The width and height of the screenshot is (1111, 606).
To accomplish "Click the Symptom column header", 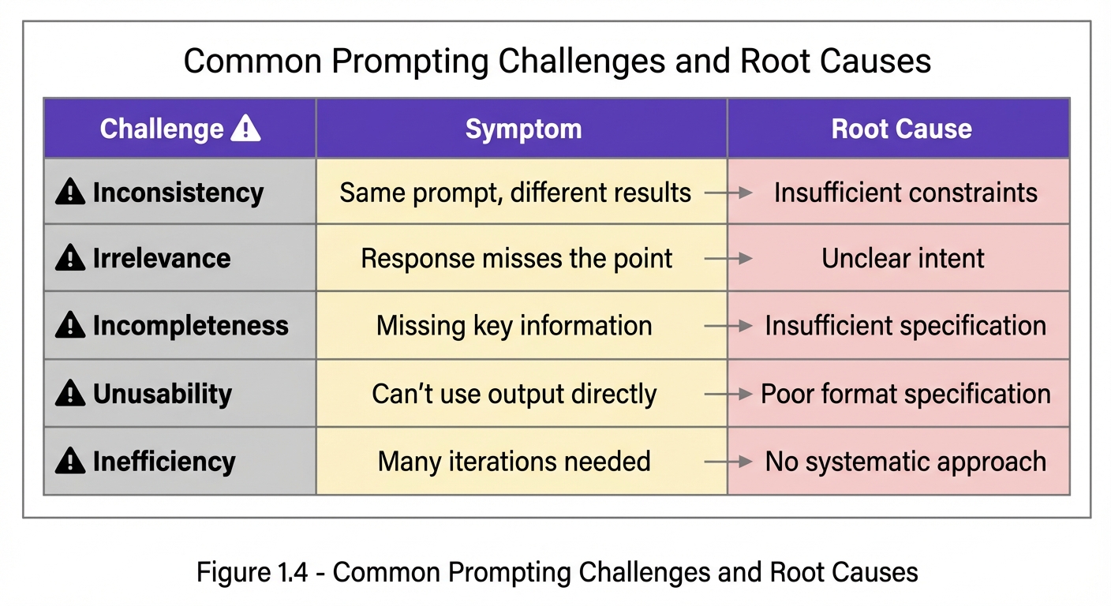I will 523,129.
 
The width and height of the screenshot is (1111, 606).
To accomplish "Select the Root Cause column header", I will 901,129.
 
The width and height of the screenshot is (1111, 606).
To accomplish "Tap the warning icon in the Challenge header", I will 245,128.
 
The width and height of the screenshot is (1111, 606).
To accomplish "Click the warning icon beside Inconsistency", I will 70,193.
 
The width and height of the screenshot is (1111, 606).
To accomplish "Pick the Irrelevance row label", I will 161,259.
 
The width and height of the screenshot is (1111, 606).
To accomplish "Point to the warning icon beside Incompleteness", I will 70,325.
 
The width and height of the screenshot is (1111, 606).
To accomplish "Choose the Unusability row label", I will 162,394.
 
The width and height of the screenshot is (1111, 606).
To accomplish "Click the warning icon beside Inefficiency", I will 70,461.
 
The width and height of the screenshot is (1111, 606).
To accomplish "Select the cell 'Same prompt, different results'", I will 515,193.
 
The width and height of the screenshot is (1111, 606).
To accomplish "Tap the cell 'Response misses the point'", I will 517,259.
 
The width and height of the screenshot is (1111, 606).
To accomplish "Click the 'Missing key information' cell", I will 514,326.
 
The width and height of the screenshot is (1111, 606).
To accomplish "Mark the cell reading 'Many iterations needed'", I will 514,462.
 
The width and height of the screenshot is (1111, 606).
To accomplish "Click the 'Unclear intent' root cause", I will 903,259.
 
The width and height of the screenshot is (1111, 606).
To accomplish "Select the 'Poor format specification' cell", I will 905,394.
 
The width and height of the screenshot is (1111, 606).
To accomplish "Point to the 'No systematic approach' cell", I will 905,462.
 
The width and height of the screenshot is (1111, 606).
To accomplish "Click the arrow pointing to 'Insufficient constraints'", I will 728,193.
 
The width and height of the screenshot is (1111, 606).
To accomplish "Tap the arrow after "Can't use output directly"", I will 728,394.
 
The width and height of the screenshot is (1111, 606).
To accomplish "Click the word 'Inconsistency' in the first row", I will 178,193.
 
